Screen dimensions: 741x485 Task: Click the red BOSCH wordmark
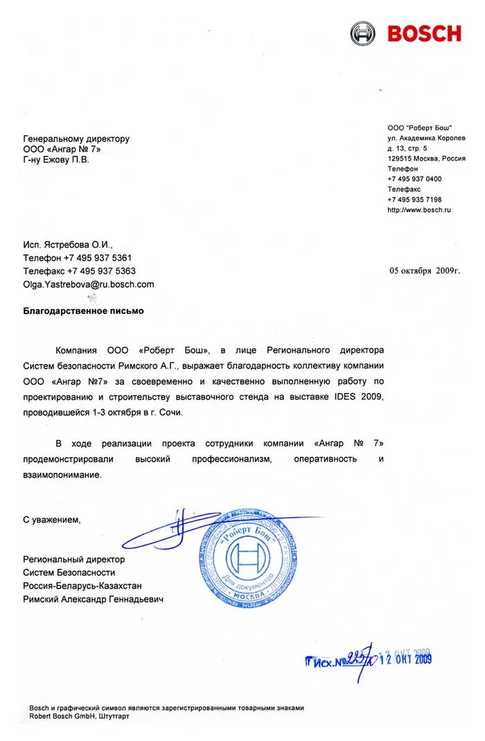click(x=424, y=33)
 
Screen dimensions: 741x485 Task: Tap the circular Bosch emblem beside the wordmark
click(x=363, y=33)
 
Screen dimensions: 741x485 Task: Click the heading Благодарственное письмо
click(x=83, y=311)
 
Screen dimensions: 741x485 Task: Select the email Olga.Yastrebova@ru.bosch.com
click(x=89, y=284)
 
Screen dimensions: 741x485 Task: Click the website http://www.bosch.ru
click(x=419, y=210)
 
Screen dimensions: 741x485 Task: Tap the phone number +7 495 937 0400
click(x=414, y=179)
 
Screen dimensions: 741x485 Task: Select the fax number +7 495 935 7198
click(x=414, y=200)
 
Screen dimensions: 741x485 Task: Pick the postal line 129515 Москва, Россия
click(x=426, y=158)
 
